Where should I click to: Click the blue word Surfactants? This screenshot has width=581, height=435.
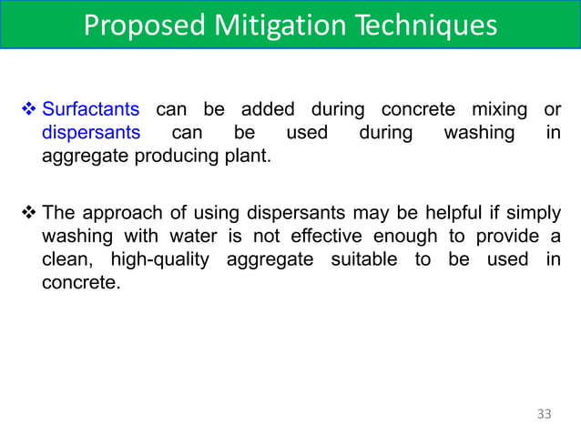(91, 110)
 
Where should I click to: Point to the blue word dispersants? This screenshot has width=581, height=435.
(91, 132)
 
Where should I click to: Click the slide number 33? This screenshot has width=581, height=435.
(544, 414)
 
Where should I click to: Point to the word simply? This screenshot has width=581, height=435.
(533, 213)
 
